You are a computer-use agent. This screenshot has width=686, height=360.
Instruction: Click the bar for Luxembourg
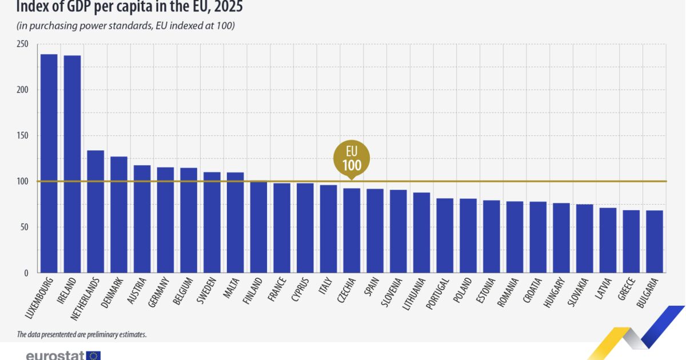pos(49,163)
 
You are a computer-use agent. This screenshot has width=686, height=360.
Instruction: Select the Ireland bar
pos(72,164)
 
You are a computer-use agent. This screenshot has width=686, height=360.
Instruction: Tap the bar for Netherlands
pos(95,211)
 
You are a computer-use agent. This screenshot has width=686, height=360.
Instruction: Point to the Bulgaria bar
pos(655,242)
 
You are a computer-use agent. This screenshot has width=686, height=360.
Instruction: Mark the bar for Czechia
pos(352,230)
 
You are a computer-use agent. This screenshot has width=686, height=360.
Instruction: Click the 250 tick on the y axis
pos(23,44)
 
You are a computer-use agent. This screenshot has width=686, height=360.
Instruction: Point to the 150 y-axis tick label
pos(23,135)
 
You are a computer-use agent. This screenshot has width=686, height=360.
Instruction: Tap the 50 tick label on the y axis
pos(25,227)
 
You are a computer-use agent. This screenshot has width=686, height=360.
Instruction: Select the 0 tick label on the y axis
pos(26,273)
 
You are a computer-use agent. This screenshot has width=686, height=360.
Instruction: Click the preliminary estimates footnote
pos(82,334)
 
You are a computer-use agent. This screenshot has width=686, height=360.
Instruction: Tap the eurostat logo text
pos(55,355)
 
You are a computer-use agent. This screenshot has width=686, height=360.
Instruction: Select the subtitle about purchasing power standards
pos(126,26)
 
